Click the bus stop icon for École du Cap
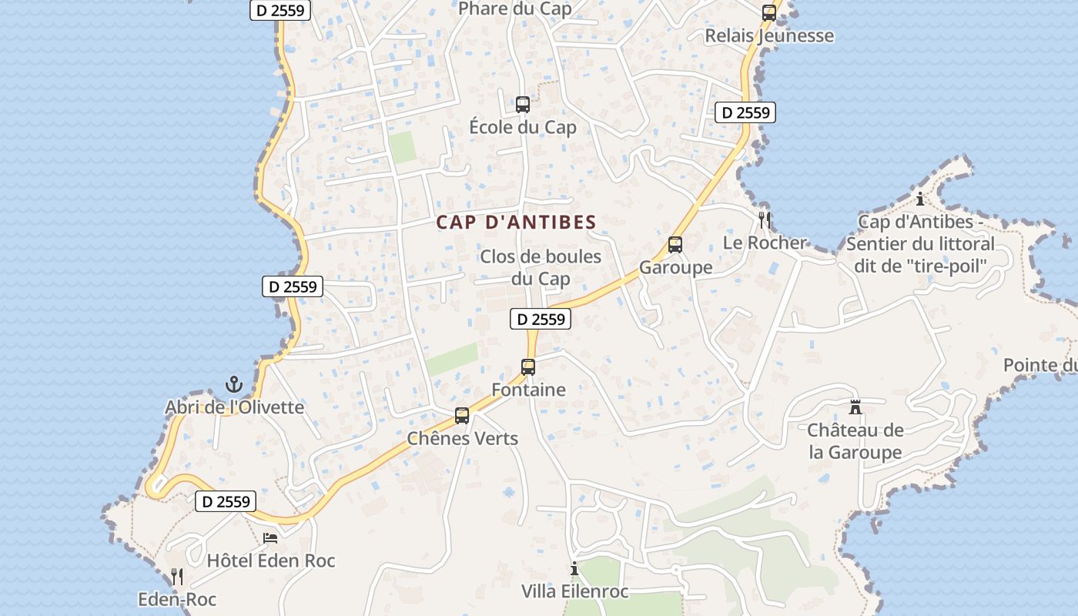[523, 105]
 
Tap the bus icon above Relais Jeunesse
[768, 12]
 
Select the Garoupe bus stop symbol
[675, 245]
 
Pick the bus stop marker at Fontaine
[528, 367]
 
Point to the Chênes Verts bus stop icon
[462, 416]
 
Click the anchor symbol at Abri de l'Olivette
[233, 384]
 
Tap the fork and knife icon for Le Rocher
[764, 219]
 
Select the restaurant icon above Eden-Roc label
[177, 577]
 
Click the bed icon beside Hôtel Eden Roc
[270, 537]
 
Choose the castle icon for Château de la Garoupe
[855, 407]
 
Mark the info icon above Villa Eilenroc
[574, 569]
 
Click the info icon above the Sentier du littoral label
[920, 199]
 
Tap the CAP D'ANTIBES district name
[516, 223]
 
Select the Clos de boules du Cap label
[541, 267]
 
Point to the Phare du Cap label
[515, 9]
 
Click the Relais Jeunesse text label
[769, 35]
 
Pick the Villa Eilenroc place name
[575, 591]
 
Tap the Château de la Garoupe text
[855, 441]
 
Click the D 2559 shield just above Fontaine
[541, 319]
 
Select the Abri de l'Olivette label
[235, 407]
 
